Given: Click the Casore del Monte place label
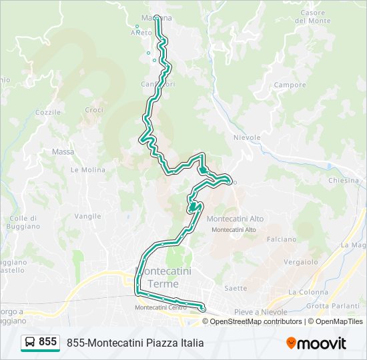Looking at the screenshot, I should point(313,17).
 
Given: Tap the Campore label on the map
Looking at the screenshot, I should point(290,85).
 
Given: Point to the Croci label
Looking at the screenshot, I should point(94,110).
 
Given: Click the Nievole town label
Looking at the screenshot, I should point(246,137).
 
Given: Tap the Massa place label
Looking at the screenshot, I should point(63,152).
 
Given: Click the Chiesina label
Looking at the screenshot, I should point(344,181).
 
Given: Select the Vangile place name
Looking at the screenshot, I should point(87,216).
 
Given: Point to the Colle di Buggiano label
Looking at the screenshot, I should point(25,222).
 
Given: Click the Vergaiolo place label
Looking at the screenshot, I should point(300,263).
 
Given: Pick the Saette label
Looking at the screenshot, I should point(236,289).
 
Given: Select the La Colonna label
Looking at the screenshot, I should point(308,292).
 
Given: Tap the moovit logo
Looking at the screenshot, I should point(316,343).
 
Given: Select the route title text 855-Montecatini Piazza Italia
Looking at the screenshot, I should point(135,343).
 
